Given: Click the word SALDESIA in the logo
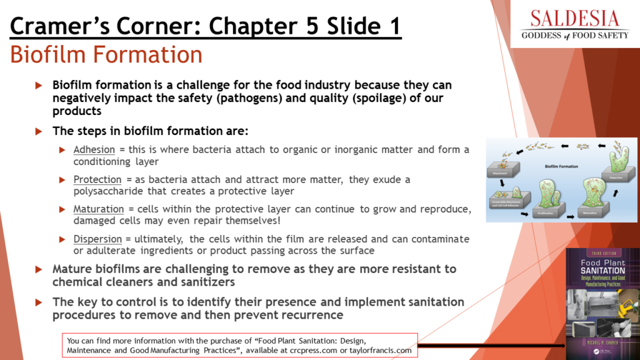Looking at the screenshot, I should click(x=575, y=17).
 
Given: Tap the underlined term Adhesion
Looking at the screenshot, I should click(x=94, y=150).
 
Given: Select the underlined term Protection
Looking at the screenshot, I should click(x=97, y=180).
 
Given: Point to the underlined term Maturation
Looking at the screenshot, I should click(x=99, y=209).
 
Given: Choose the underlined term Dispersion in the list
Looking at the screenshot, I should click(x=97, y=239).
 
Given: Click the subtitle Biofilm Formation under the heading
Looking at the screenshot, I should click(x=106, y=55).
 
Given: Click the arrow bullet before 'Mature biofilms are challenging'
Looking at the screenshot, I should click(x=39, y=269).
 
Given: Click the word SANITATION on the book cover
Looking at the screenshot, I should click(x=602, y=272).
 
